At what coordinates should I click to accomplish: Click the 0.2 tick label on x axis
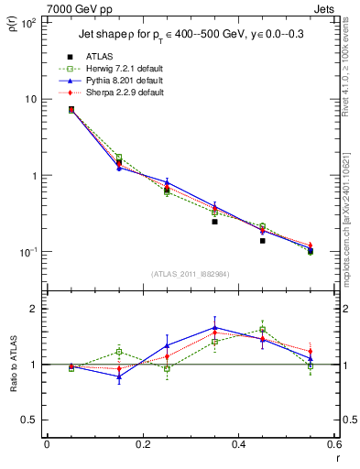click(142, 444)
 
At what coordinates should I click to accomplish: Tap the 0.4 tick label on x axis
click(238, 444)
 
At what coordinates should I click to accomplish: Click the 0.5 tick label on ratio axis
click(30, 420)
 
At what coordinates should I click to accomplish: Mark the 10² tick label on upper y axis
click(27, 22)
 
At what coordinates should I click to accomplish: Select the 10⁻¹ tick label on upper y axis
click(27, 252)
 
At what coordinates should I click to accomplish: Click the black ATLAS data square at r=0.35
click(214, 222)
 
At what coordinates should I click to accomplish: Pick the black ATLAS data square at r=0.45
click(262, 241)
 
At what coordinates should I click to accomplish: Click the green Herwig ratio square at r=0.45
click(262, 329)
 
